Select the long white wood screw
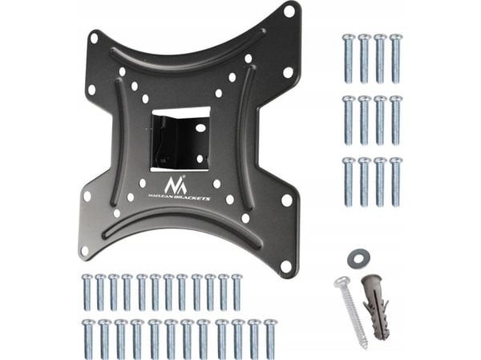tap(350, 313)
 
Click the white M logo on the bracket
tap(175, 185)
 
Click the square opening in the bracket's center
tap(180, 139)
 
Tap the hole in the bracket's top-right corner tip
tap(289, 10)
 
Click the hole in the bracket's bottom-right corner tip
tap(286, 266)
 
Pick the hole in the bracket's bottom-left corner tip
tap(85, 250)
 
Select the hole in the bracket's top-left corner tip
tap(94, 38)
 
